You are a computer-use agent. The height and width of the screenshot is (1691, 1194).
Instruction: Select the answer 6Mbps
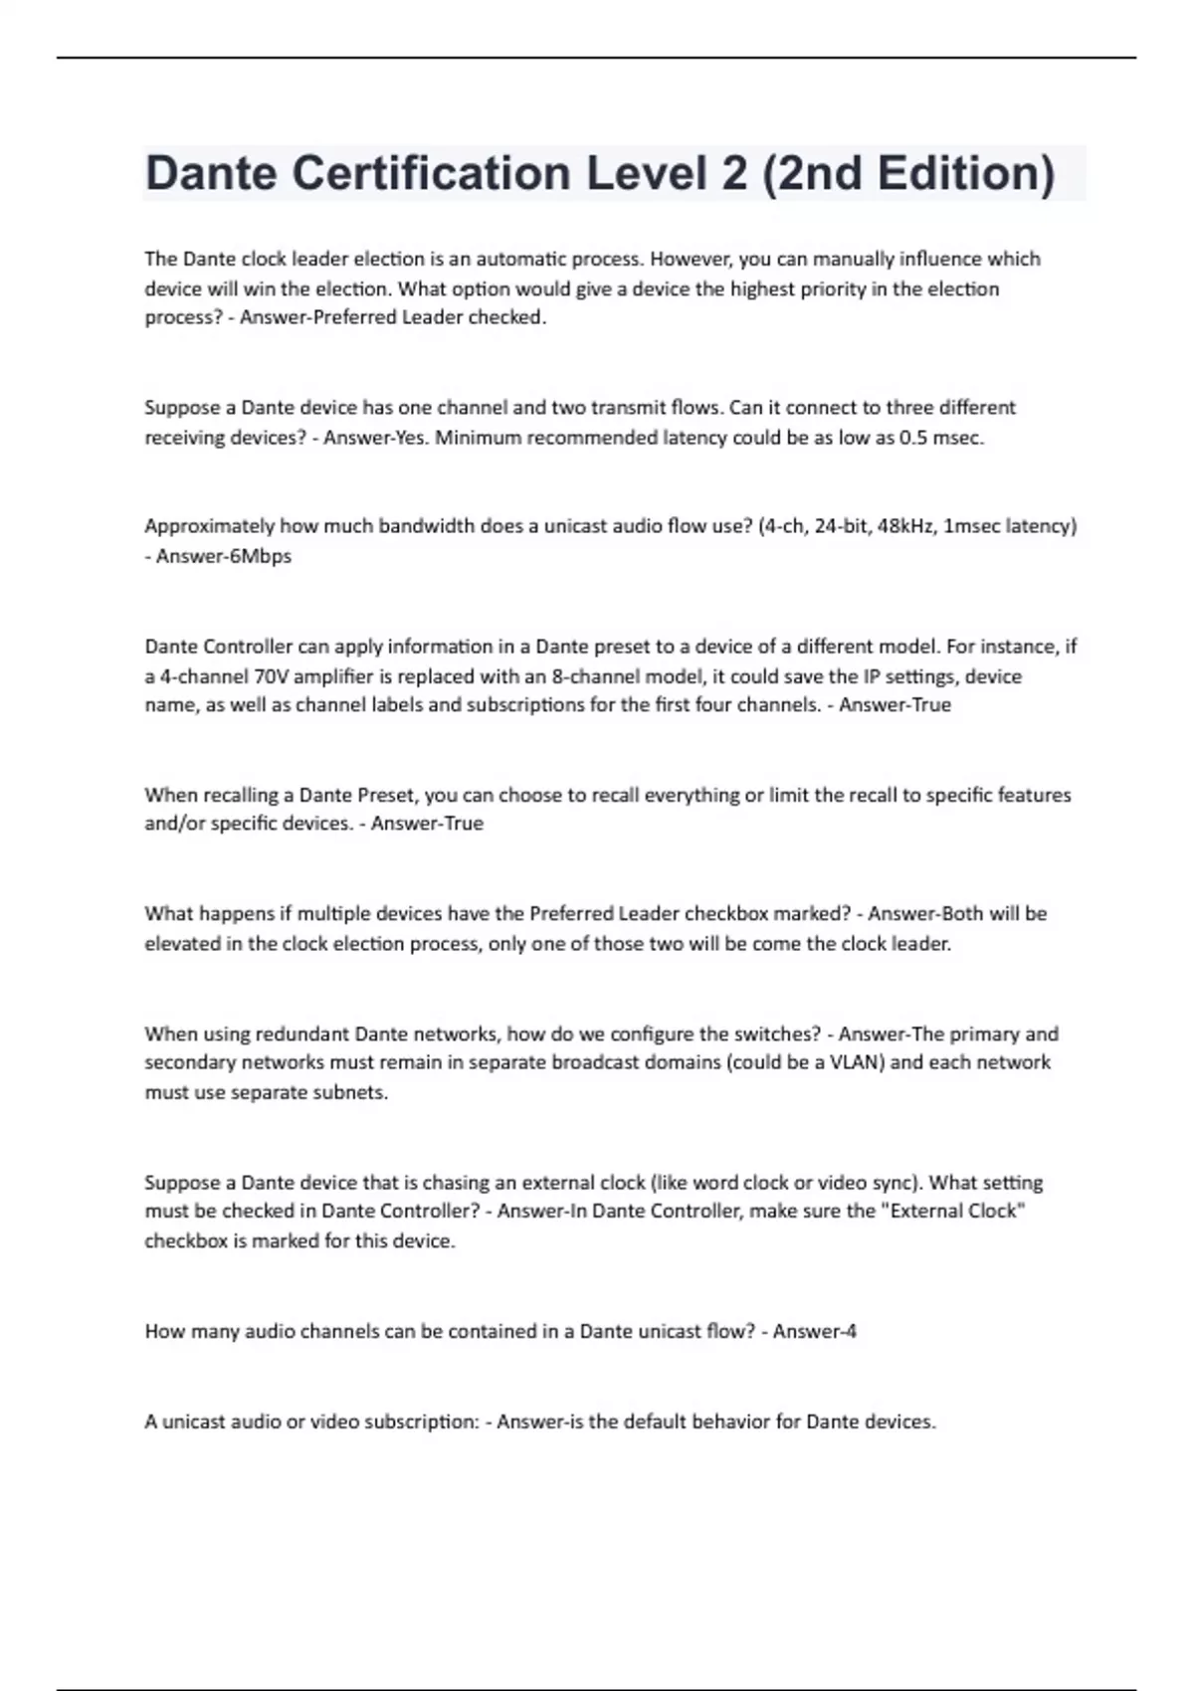click(261, 556)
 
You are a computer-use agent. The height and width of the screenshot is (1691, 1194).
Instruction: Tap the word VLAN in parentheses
click(853, 1062)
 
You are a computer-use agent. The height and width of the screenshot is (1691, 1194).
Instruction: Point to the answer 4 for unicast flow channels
click(850, 1332)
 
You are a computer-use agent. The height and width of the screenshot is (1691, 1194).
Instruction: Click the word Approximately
click(209, 526)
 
